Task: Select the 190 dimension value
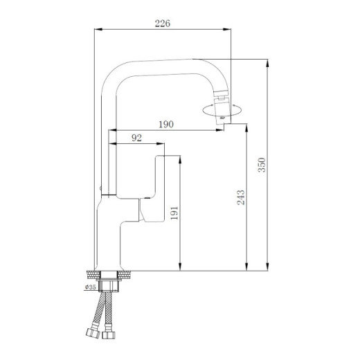[165, 124]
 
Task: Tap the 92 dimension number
[136, 138]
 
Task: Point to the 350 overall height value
[261, 165]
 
